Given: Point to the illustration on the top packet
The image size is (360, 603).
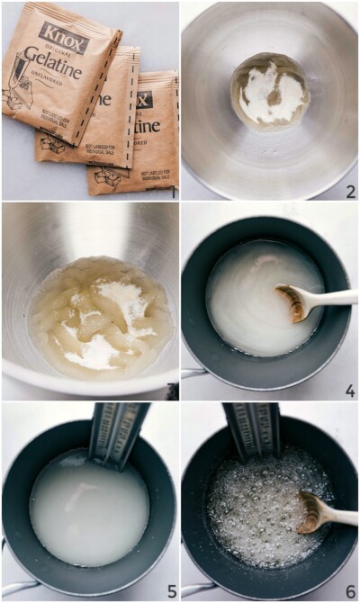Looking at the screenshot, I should tap(20, 94).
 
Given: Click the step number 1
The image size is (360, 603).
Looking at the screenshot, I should tap(173, 192).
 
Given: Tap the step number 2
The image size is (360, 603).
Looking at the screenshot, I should tap(350, 191).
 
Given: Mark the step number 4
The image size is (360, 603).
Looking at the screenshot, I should tap(350, 391).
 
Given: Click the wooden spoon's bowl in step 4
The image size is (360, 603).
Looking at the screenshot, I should tap(293, 302).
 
